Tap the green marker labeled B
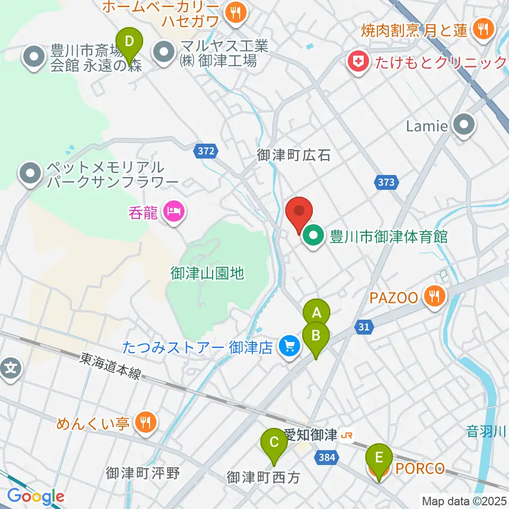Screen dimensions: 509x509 pyautogui.click(x=316, y=335)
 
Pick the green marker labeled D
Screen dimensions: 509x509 pyautogui.click(x=128, y=41)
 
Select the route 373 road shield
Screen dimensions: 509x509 pyautogui.click(x=387, y=182)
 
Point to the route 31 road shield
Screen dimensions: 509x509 pyautogui.click(x=363, y=328)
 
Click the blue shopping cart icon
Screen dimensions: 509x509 pyautogui.click(x=289, y=347)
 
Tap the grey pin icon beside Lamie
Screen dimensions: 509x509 pyautogui.click(x=465, y=126)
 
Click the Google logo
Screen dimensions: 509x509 pyautogui.click(x=36, y=496)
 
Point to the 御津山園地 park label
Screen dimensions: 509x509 pyautogui.click(x=207, y=273)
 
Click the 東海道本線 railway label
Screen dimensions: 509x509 pyautogui.click(x=111, y=366)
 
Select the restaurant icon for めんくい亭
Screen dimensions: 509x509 pyautogui.click(x=144, y=422)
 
